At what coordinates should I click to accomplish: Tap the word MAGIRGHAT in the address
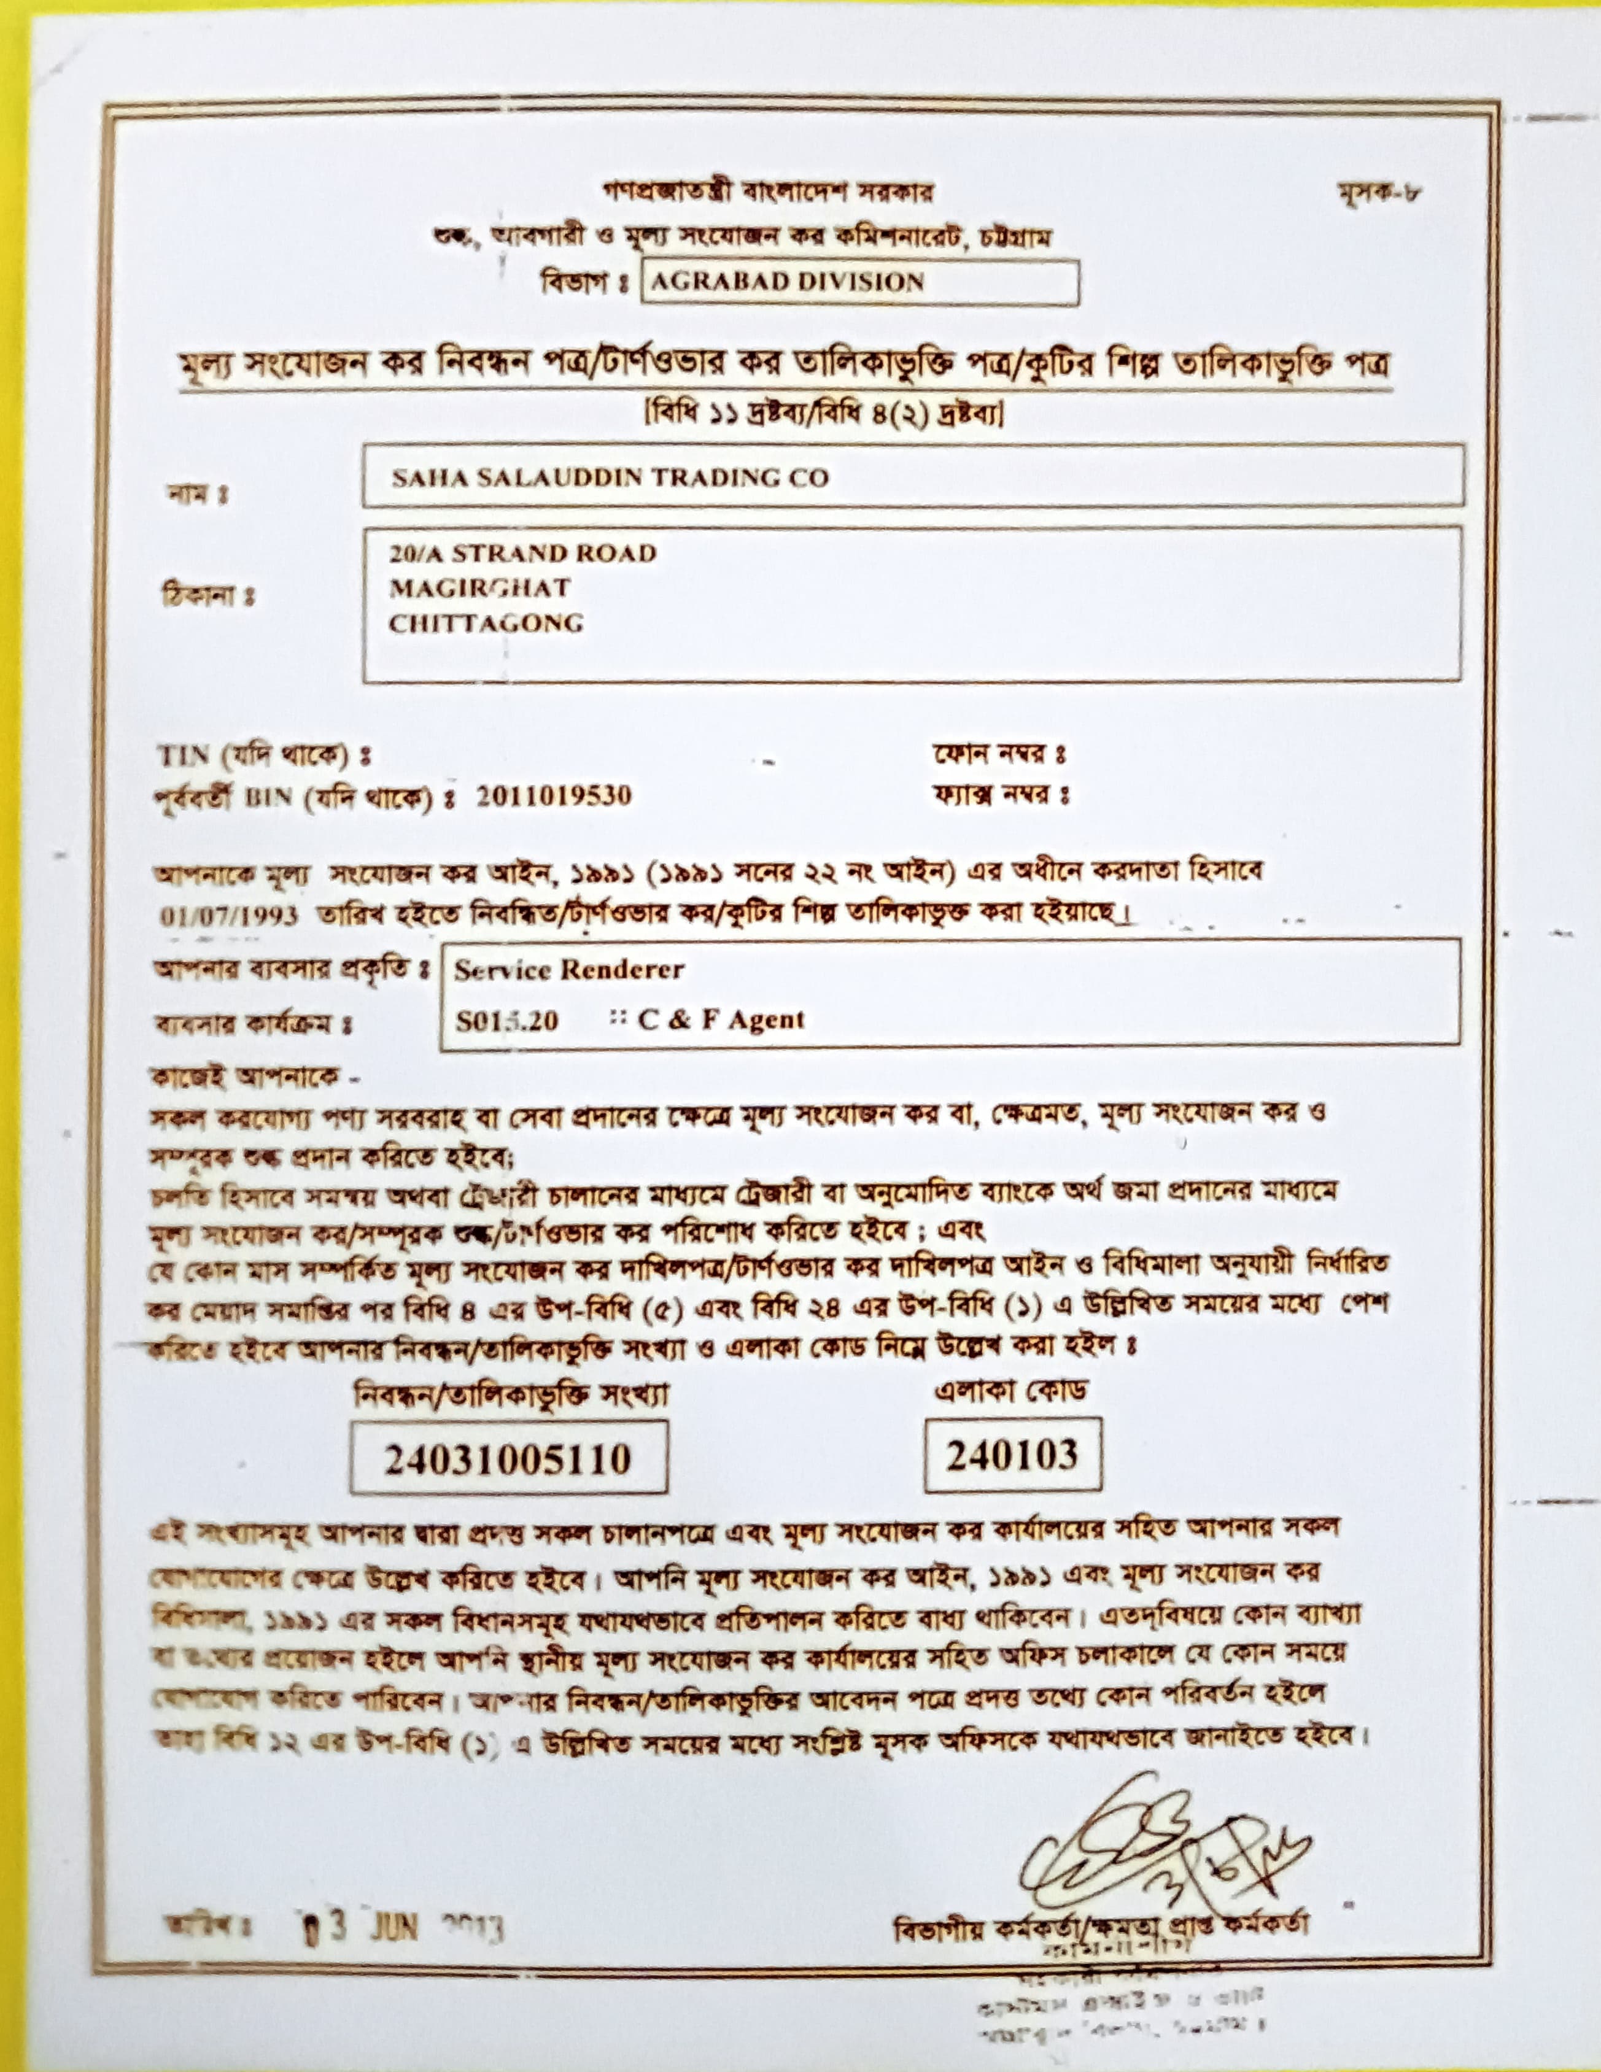click(479, 588)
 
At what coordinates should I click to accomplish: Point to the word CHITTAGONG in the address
click(486, 624)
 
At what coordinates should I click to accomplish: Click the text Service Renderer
click(568, 970)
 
